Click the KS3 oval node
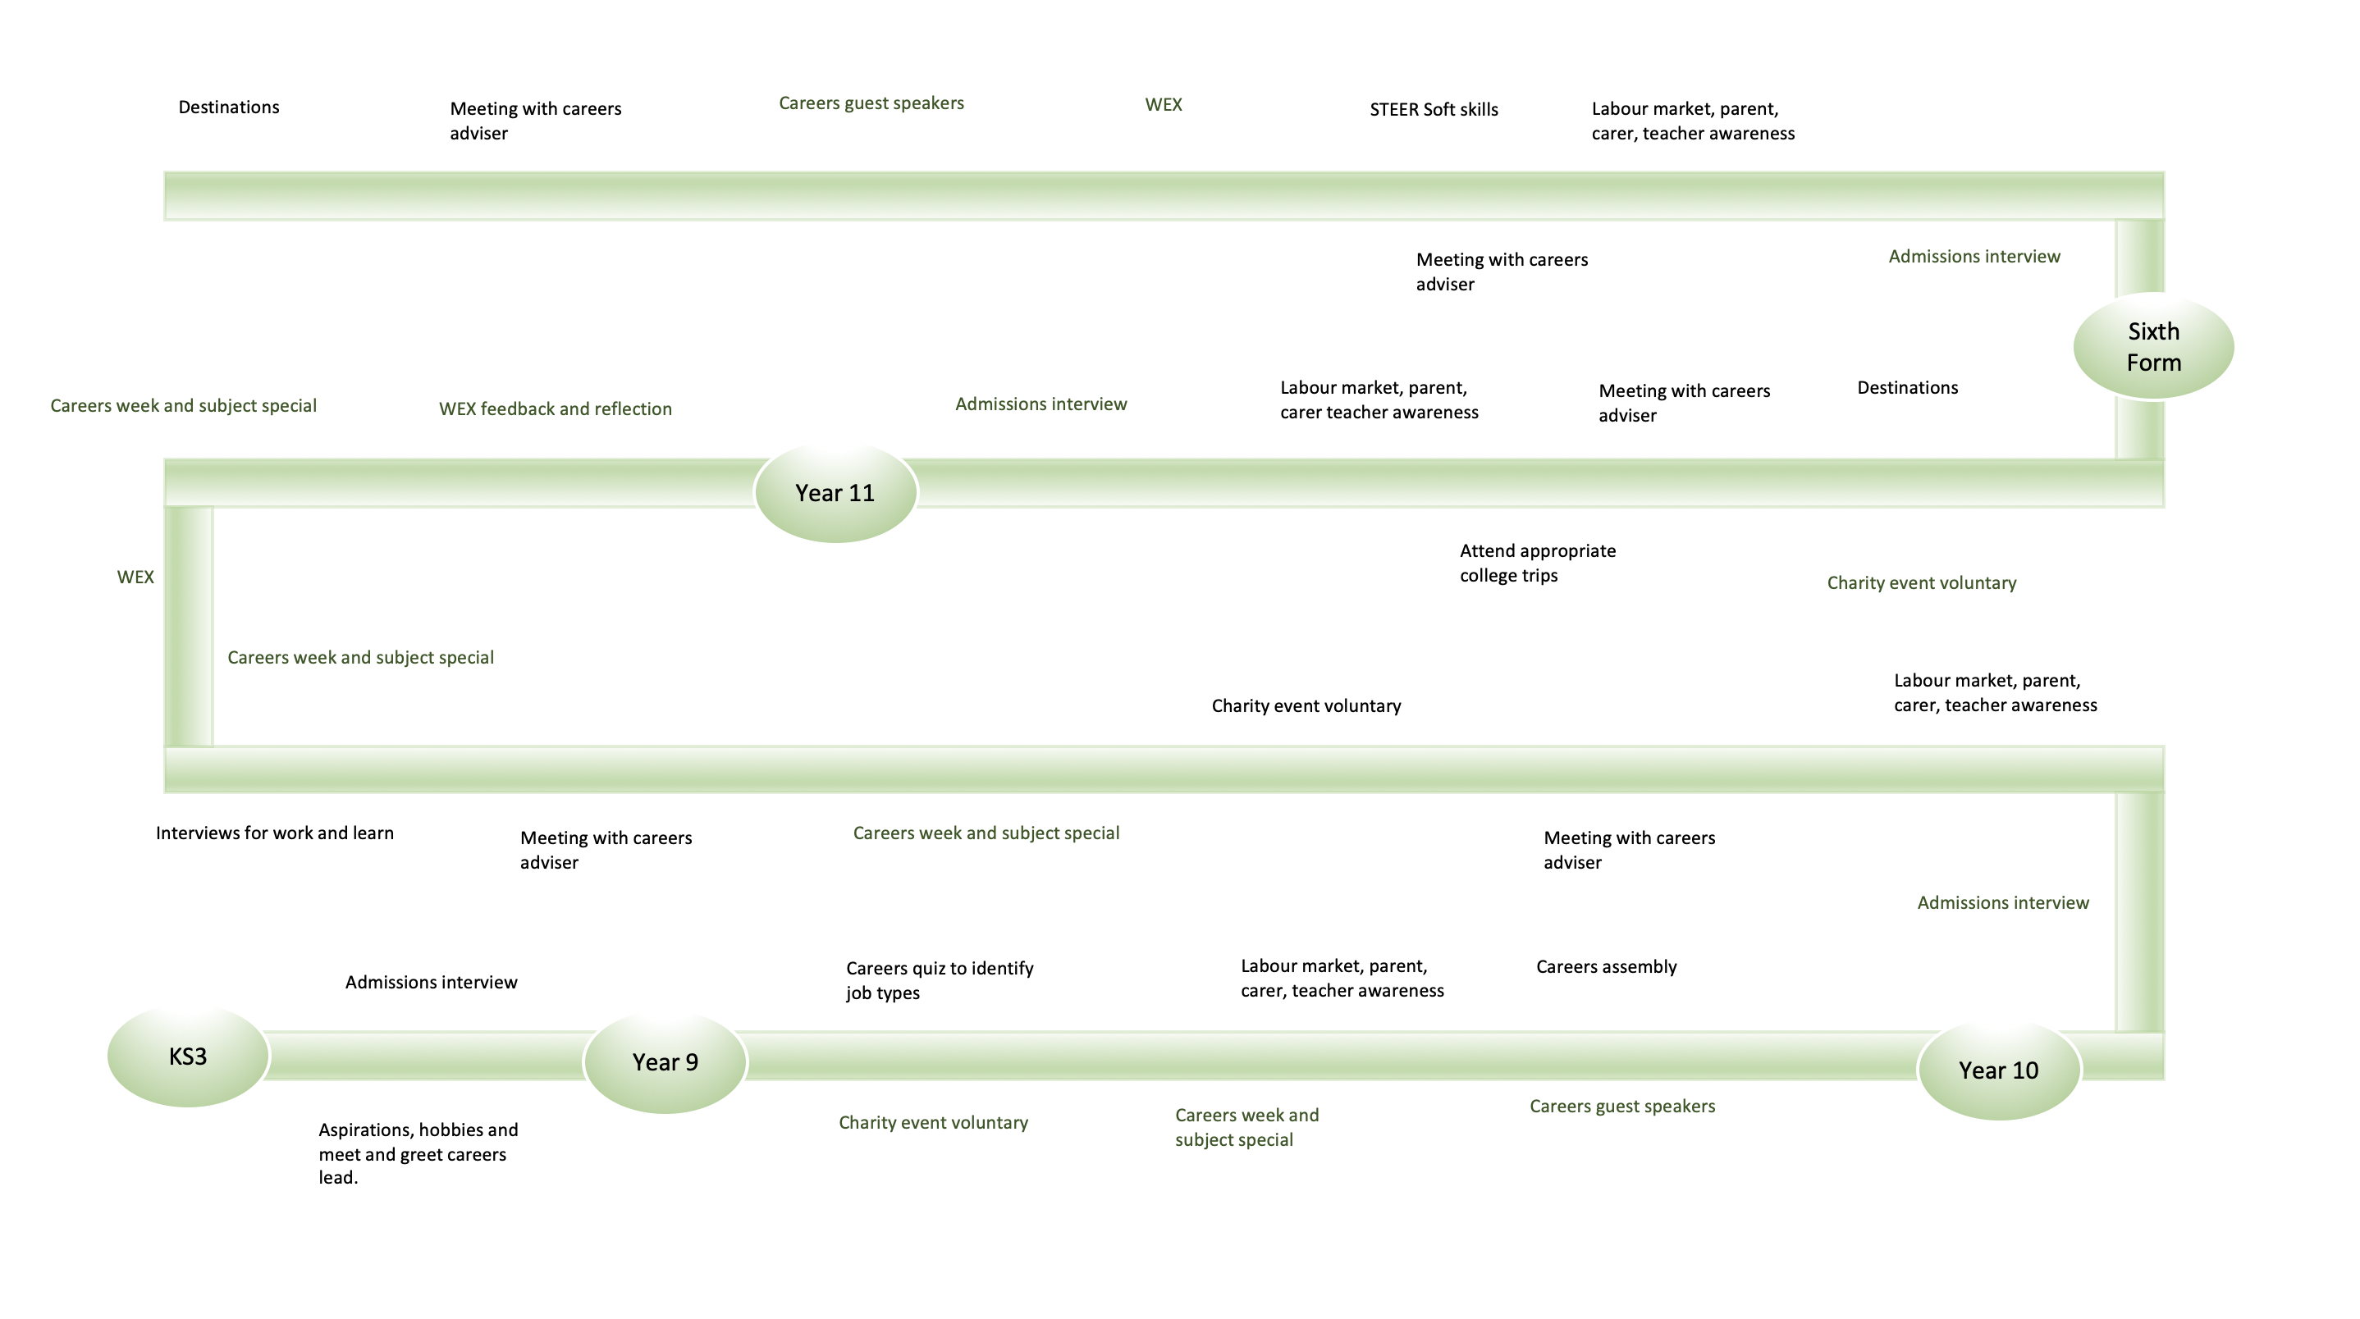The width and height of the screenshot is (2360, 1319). [x=188, y=1057]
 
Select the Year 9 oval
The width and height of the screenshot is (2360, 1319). [x=665, y=1061]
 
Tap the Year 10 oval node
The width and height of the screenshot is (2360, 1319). [x=1998, y=1070]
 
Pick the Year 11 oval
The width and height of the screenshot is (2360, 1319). [x=835, y=493]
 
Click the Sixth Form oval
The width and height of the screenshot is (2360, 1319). [x=2153, y=346]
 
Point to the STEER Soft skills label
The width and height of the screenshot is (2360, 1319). [x=1433, y=110]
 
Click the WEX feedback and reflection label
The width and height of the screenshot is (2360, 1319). [x=556, y=408]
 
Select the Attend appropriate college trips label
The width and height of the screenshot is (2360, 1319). [x=1537, y=563]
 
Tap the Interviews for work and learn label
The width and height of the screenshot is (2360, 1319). [x=274, y=833]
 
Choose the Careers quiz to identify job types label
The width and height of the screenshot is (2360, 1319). [x=939, y=980]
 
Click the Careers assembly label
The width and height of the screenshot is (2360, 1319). [x=1606, y=966]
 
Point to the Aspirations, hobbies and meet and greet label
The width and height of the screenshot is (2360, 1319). [x=418, y=1153]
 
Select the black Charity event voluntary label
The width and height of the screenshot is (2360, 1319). [x=1306, y=705]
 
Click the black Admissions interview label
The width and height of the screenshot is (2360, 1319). [x=431, y=982]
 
